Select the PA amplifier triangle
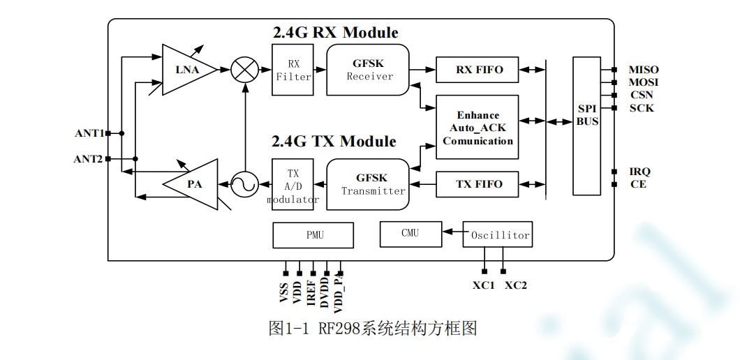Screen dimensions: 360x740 192,184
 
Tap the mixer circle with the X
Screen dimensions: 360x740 243,69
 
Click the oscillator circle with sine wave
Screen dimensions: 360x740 244,184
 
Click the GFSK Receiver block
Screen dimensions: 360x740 368,69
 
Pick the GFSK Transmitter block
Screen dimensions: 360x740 368,184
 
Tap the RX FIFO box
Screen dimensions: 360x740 479,69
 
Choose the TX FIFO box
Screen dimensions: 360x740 479,184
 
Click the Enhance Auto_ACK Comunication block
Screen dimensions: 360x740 478,127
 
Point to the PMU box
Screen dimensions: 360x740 313,235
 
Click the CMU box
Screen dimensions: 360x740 410,234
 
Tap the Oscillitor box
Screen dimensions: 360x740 498,235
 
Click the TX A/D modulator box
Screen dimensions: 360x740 293,184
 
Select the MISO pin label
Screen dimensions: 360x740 643,70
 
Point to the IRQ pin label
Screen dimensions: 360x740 639,172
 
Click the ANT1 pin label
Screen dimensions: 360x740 89,133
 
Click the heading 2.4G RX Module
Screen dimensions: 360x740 335,33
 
